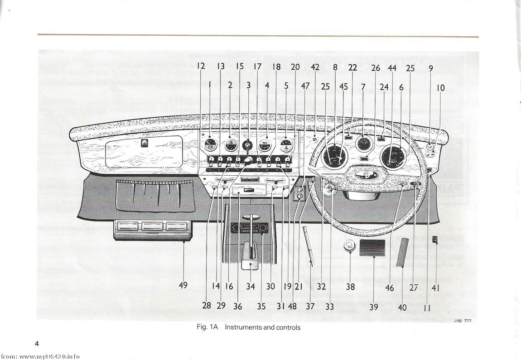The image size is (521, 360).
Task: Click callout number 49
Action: (x=183, y=285)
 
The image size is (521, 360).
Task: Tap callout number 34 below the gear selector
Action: (x=251, y=287)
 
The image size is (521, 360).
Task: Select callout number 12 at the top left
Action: (x=201, y=66)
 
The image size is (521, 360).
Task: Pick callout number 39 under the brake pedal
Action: (x=373, y=307)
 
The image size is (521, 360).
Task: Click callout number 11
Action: (x=427, y=307)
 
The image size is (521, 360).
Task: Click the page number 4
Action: (x=37, y=343)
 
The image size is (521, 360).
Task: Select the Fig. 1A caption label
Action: (x=207, y=327)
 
